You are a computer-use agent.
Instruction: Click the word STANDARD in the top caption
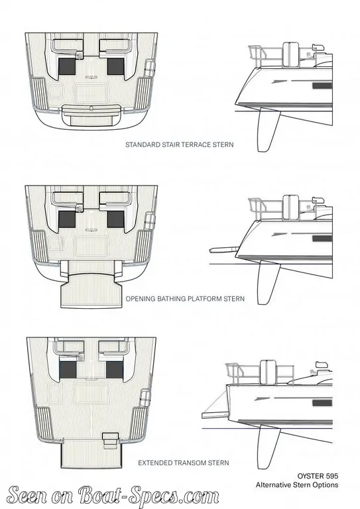point(141,144)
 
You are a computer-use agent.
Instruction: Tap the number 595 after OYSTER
point(331,476)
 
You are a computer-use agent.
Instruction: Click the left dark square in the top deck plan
point(67,66)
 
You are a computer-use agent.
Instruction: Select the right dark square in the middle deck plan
point(115,219)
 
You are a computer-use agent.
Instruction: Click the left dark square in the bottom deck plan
point(68,370)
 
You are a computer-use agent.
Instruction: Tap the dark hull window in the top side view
point(322,85)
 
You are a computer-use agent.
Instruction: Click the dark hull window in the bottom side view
point(322,403)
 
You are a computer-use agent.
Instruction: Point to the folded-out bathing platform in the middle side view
point(224,249)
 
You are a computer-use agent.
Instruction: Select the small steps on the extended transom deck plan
point(110,441)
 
